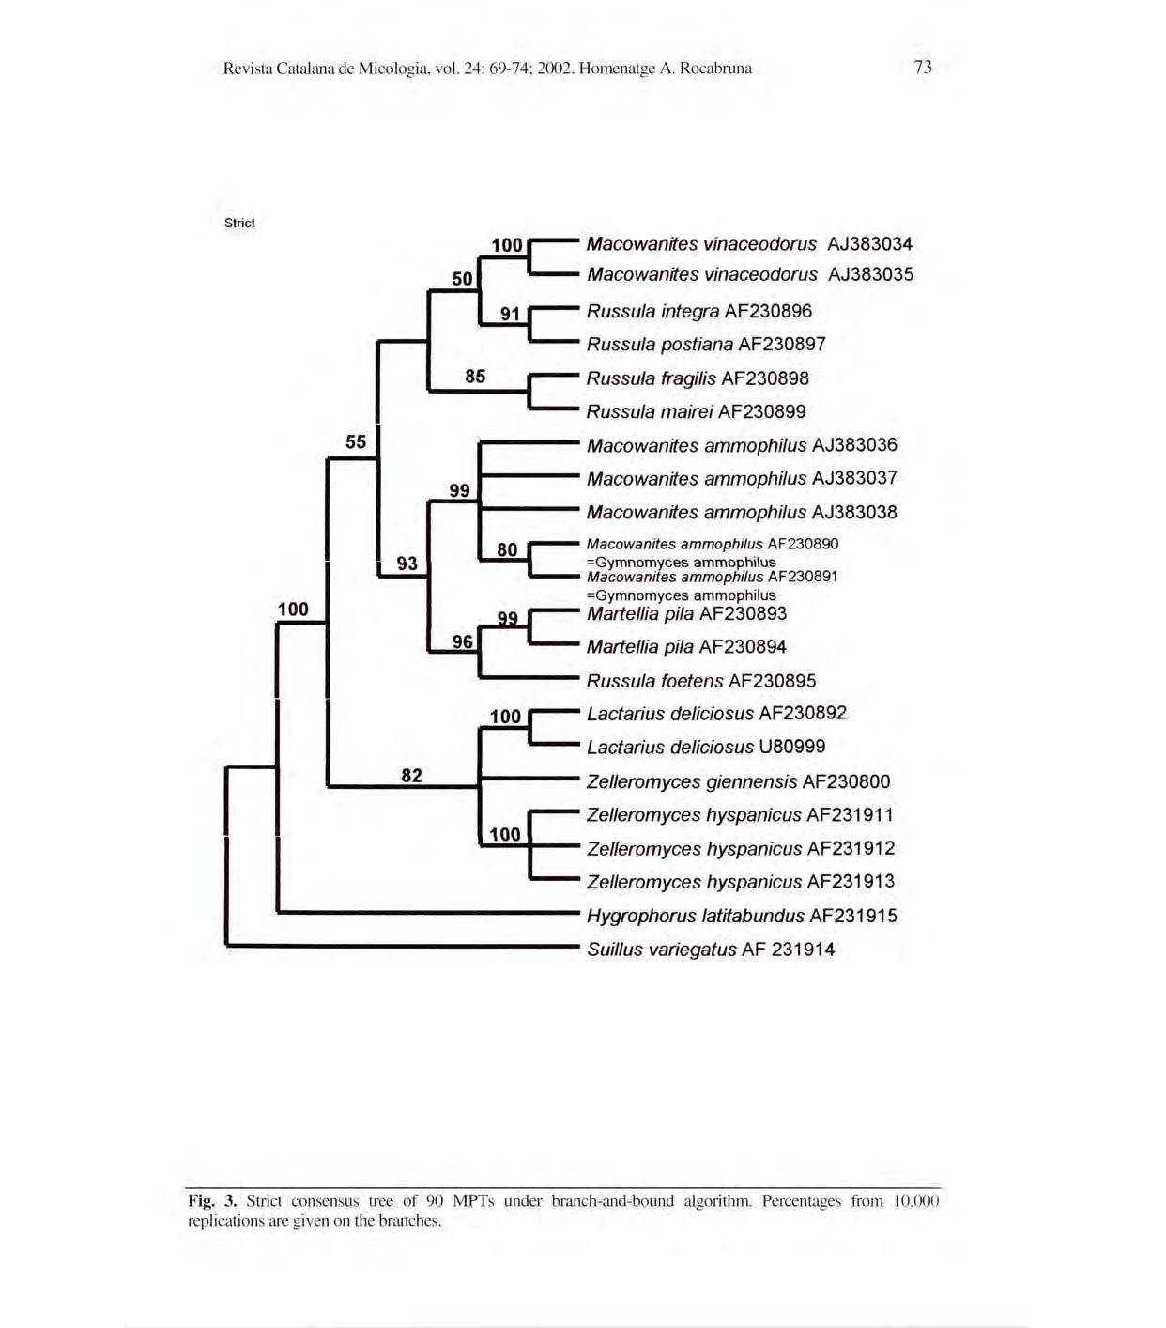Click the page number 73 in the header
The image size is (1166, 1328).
tap(923, 67)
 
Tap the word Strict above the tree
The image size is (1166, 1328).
tap(239, 224)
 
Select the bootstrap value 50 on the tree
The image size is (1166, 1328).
tap(462, 279)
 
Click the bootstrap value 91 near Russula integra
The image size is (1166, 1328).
tap(510, 314)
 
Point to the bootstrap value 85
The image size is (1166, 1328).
tap(475, 377)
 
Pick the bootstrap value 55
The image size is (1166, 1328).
tap(356, 441)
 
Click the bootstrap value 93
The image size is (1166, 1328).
tap(407, 564)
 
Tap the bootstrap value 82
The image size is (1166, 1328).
tap(411, 776)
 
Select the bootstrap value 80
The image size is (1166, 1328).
tap(507, 550)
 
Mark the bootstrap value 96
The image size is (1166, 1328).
tap(462, 642)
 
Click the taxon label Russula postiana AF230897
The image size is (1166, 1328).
tap(706, 345)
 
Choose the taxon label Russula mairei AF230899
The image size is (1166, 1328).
tap(696, 411)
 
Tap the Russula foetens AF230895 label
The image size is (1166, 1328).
tap(701, 681)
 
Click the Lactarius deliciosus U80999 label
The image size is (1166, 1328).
tap(706, 747)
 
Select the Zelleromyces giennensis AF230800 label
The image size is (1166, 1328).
tap(738, 781)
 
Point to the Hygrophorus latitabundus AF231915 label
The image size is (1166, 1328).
tap(742, 916)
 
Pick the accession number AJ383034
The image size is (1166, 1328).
tap(869, 244)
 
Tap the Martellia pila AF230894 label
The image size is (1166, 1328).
tap(686, 647)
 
